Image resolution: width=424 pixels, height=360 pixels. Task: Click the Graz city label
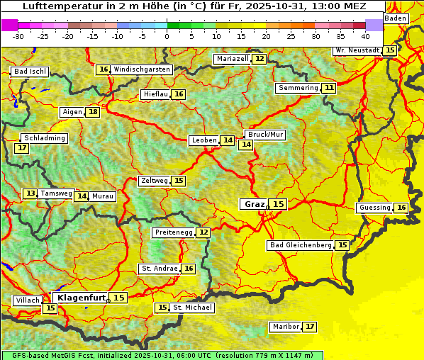[254, 204]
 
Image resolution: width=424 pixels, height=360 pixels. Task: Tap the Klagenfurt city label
[82, 298]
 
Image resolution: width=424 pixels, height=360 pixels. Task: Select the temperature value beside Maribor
[310, 327]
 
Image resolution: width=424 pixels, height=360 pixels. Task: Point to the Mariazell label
[233, 59]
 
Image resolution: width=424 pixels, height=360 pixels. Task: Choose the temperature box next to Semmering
[328, 88]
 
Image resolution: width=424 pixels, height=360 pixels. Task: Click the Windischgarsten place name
[142, 69]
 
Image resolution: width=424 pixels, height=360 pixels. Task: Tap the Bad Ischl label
[30, 72]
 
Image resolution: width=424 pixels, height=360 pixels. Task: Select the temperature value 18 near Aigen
[93, 112]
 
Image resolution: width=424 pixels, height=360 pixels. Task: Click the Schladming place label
[44, 138]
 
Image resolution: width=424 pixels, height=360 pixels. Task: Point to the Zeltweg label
[154, 181]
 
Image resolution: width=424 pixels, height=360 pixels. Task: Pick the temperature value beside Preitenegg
[203, 232]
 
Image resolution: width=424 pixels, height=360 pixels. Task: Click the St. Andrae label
[159, 269]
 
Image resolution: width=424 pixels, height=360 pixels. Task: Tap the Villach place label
[27, 300]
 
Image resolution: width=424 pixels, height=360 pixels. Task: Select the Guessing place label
[374, 208]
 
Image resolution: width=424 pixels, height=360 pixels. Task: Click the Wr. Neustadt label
[358, 50]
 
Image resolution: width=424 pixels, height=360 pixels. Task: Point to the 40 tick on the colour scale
[365, 35]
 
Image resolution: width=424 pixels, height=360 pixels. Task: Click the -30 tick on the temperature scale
[18, 35]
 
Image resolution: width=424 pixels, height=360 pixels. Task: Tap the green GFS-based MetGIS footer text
[162, 355]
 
